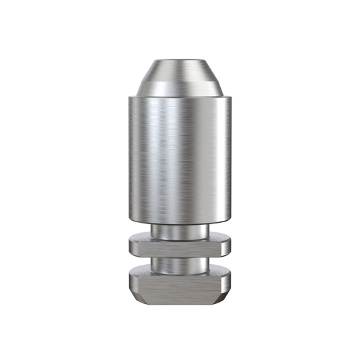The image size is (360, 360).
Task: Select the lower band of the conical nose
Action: (180, 86)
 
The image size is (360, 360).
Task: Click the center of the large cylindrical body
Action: (180, 159)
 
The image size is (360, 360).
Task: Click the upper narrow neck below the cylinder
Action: (180, 230)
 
